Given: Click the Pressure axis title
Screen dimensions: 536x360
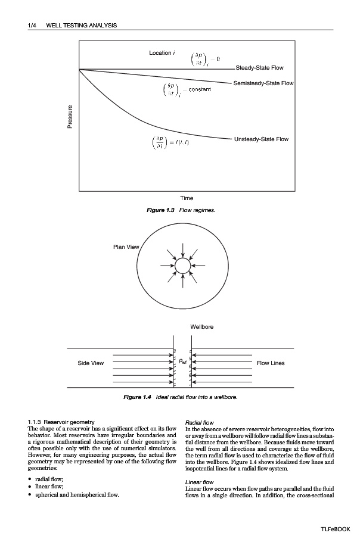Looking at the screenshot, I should click(70, 116).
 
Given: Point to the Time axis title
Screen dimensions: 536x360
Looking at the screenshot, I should click(187, 198).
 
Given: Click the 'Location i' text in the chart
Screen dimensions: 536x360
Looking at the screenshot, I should click(162, 53).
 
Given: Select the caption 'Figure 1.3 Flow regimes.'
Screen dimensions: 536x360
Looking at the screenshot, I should click(187, 211).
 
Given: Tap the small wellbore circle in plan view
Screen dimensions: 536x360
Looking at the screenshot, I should click(182, 264).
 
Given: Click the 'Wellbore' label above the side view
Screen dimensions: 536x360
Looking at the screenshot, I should click(201, 327).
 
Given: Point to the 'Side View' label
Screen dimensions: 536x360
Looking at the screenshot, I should click(91, 363).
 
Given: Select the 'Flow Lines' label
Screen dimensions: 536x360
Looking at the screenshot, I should click(270, 363).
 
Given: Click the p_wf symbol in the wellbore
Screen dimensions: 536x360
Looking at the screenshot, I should click(183, 362).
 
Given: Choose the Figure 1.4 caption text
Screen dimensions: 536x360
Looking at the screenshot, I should click(187, 397).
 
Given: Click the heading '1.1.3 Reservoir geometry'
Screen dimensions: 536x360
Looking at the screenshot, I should click(61, 422).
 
